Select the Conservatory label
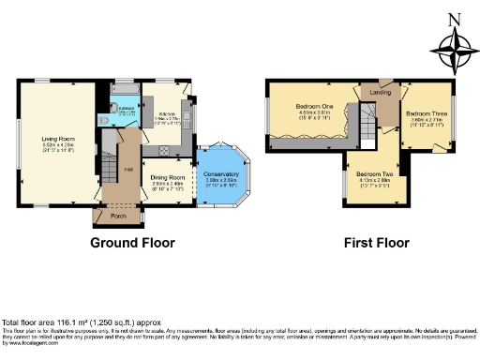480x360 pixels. click(215, 173)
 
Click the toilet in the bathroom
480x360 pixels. click(105, 119)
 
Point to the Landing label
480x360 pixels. click(381, 92)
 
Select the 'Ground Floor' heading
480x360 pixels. click(132, 242)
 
